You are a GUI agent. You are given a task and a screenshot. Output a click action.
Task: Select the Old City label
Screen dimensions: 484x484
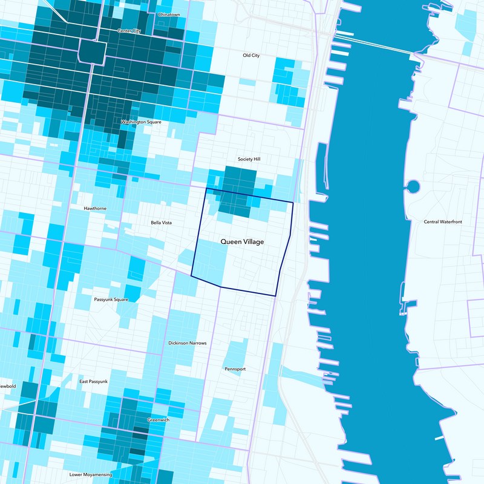[x=251, y=55]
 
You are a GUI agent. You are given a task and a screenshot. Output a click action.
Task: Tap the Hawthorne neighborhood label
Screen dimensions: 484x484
[x=95, y=208]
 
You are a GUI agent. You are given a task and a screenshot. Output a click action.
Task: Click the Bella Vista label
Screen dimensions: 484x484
[x=161, y=223]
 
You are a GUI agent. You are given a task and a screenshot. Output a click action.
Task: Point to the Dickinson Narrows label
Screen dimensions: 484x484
[x=188, y=343]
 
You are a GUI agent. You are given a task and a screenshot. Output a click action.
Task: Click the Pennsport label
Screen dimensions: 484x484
[x=235, y=368]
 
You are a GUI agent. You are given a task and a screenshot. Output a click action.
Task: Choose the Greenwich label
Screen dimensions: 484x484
[x=159, y=419]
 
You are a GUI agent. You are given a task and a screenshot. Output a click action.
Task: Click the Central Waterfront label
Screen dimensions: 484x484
[x=443, y=222]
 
